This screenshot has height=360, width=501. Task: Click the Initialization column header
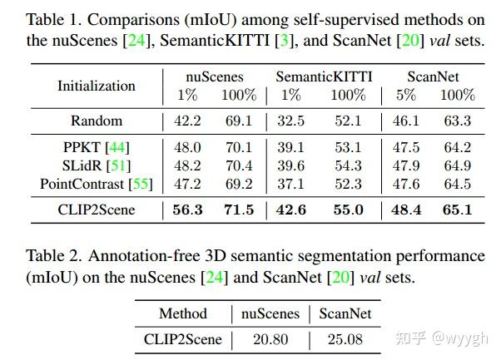[x=96, y=86]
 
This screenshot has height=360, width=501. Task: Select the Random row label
[x=96, y=121]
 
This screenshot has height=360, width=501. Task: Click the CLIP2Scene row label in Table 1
[x=96, y=210]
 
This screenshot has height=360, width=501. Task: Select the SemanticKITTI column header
[x=324, y=76]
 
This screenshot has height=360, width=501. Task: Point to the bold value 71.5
[x=238, y=210]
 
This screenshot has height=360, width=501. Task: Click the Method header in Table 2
[x=182, y=314]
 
